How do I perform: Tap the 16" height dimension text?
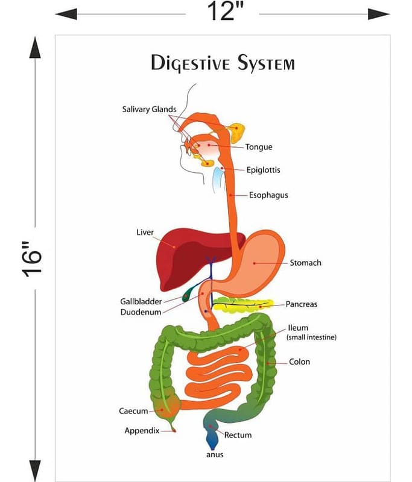point(34,259)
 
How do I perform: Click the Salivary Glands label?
point(149,109)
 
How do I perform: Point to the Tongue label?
point(259,147)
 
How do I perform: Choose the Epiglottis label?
point(263,170)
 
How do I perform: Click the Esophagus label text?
point(268,195)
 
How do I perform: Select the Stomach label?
point(305,263)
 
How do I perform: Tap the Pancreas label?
point(302,304)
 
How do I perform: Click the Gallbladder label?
point(141,301)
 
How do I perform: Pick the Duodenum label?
point(141,312)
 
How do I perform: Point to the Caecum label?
point(133,411)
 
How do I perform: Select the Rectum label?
point(238,434)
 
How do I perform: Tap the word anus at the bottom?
point(214,454)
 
